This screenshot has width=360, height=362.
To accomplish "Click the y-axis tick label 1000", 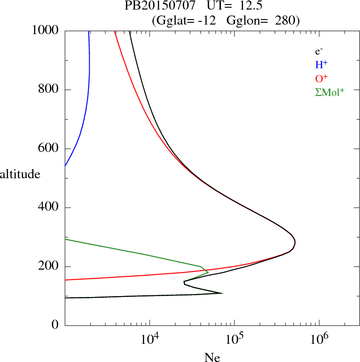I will [x=45, y=30].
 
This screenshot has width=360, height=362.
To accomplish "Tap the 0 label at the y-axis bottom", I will [x=56, y=326].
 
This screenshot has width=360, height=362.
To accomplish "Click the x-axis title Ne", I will [x=212, y=357].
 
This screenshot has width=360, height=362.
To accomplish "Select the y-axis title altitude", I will [x=20, y=173].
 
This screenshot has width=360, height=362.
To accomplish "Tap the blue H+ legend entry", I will [x=321, y=65].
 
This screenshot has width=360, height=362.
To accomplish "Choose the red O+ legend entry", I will [x=322, y=78].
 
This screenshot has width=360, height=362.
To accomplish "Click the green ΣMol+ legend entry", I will [x=330, y=92].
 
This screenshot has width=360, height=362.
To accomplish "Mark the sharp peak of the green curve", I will [x=208, y=272].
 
